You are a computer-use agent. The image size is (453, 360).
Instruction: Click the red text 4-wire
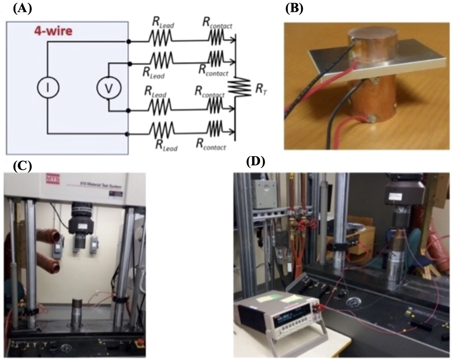pos(53,31)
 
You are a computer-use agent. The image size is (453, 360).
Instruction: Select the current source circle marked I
pos(48,87)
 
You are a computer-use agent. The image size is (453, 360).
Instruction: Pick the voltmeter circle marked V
pos(109,87)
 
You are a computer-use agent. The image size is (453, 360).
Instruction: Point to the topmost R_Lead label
pos(163,22)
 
